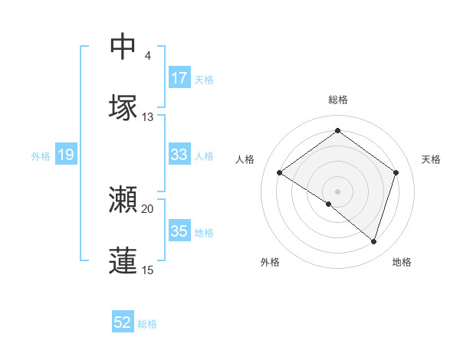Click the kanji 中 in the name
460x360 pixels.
pyautogui.click(x=123, y=47)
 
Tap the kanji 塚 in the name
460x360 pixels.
pyautogui.click(x=123, y=107)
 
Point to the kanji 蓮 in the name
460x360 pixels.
pyautogui.click(x=123, y=260)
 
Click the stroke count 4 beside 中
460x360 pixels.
pyautogui.click(x=147, y=56)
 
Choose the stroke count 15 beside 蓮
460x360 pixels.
pyautogui.click(x=147, y=270)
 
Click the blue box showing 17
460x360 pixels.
pyautogui.click(x=179, y=78)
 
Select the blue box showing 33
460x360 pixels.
pyautogui.click(x=179, y=155)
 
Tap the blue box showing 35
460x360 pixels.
pyautogui.click(x=179, y=231)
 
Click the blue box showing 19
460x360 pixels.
pyautogui.click(x=65, y=155)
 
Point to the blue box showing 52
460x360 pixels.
pyautogui.click(x=123, y=322)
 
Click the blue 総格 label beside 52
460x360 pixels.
pyautogui.click(x=147, y=324)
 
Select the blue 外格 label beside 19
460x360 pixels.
pyautogui.click(x=41, y=156)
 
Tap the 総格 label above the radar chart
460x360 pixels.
pyautogui.click(x=337, y=100)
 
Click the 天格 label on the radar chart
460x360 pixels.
pyautogui.click(x=431, y=159)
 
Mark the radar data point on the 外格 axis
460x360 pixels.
pyautogui.click(x=329, y=204)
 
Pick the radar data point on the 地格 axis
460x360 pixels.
pyautogui.click(x=374, y=241)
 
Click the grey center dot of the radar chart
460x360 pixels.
pyautogui.click(x=337, y=190)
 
